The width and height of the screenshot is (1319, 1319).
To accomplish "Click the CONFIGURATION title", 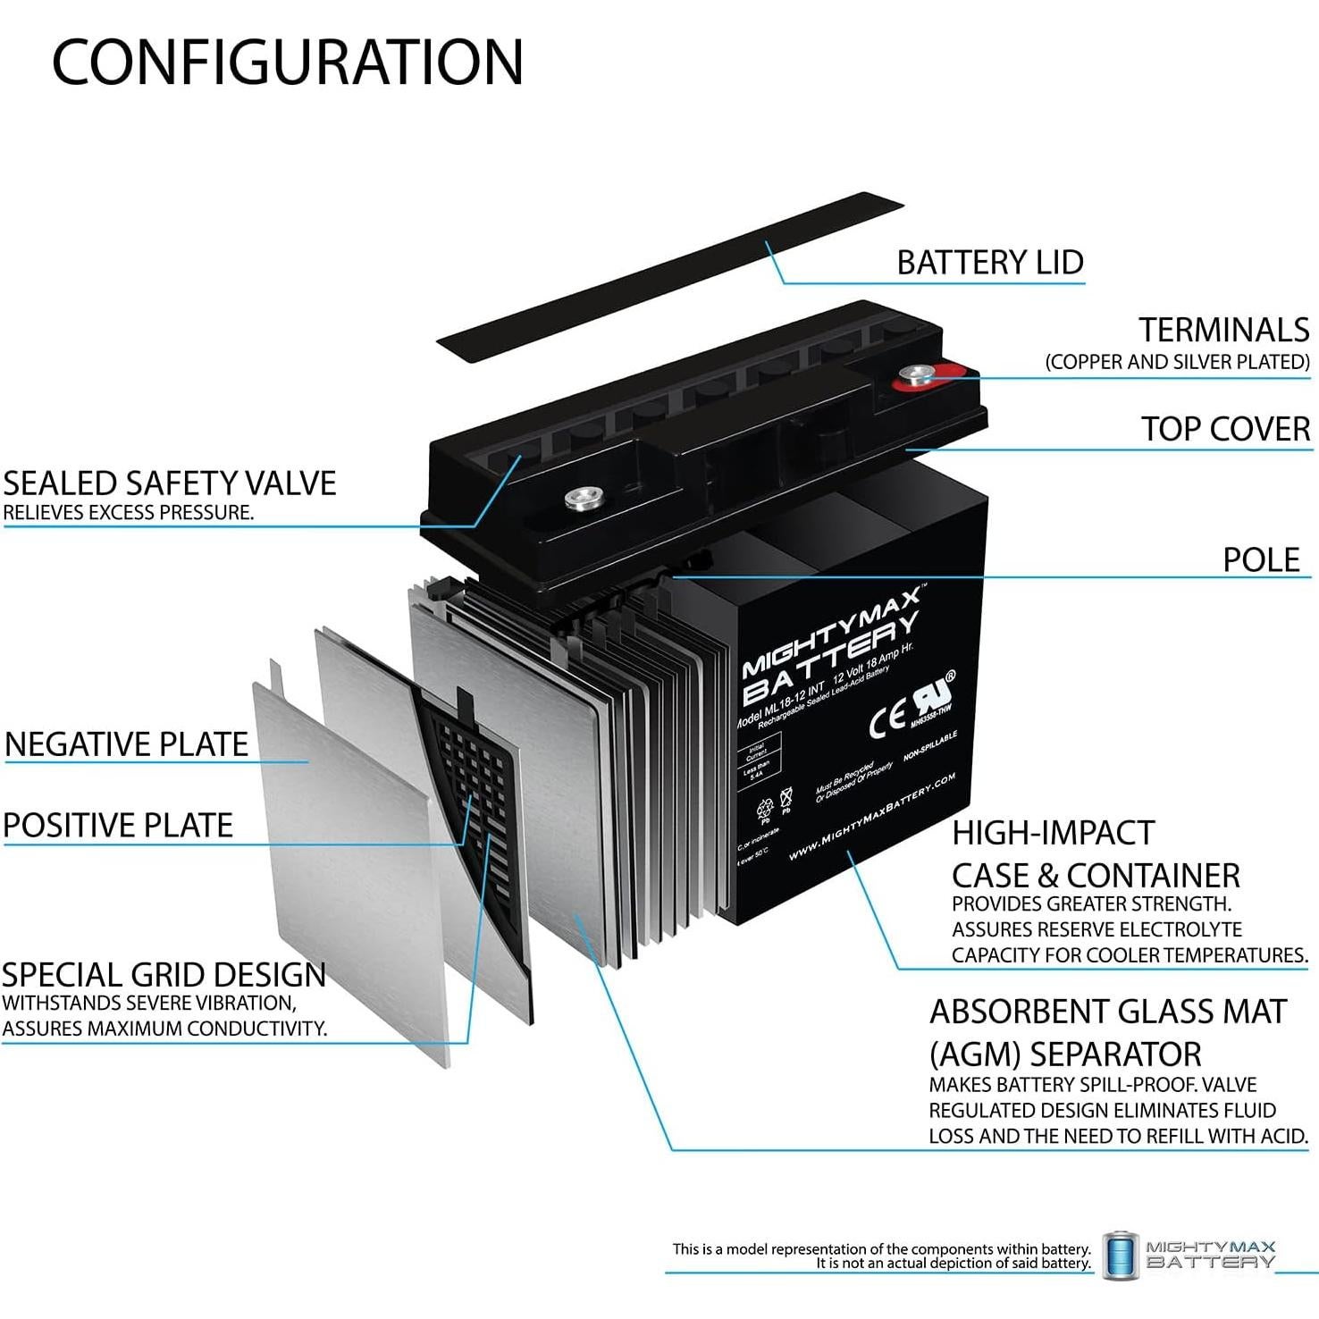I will [287, 63].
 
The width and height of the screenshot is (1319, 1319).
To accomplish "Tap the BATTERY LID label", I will [989, 263].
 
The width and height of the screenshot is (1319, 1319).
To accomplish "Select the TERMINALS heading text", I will [1223, 330].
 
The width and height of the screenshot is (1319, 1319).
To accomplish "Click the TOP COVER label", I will [1225, 429].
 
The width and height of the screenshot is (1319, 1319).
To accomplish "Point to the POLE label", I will [1261, 560].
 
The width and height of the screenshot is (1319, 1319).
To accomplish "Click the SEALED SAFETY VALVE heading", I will [170, 483].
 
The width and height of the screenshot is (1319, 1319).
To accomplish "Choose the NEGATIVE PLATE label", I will [127, 744].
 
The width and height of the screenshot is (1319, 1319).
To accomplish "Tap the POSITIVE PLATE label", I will [118, 825].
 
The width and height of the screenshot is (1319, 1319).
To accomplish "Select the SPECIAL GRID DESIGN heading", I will [164, 975].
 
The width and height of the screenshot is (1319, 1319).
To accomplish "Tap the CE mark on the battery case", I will [886, 721].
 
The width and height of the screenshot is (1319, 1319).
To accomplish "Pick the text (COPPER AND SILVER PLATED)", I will [1177, 362].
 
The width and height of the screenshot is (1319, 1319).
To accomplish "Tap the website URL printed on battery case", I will [872, 816].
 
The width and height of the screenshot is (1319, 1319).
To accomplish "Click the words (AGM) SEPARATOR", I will [1065, 1054].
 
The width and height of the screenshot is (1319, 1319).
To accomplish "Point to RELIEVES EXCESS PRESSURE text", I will [129, 513].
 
